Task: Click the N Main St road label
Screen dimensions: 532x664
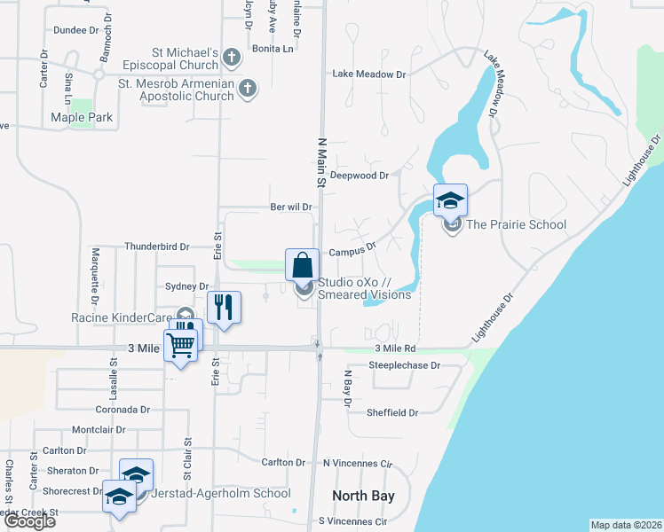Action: click(318, 161)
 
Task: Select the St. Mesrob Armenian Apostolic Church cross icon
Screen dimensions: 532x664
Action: click(248, 89)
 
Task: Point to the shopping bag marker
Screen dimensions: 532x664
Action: click(302, 264)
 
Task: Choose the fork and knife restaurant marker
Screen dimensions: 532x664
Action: click(224, 308)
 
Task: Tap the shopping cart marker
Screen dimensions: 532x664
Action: click(181, 345)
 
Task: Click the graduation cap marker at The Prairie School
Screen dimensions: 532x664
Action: click(450, 200)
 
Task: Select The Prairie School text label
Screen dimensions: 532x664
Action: click(517, 224)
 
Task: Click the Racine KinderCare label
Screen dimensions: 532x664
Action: click(123, 317)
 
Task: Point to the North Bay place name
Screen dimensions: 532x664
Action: click(363, 496)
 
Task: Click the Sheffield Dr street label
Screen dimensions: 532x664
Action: click(392, 412)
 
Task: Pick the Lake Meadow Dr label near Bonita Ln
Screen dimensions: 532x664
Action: click(368, 74)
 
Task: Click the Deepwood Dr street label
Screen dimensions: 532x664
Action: click(360, 176)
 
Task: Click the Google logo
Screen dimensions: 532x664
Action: click(29, 521)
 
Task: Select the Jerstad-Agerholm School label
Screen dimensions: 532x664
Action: click(220, 494)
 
